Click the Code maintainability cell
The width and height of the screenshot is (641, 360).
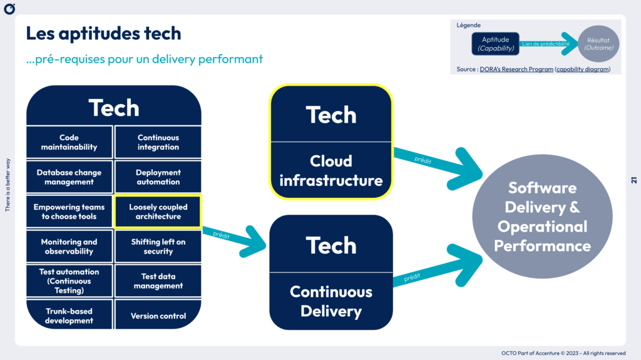[x=69, y=142]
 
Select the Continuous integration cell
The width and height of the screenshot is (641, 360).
[x=158, y=142]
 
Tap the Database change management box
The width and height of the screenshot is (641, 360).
[x=69, y=177]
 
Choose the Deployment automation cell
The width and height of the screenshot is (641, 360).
[x=158, y=177]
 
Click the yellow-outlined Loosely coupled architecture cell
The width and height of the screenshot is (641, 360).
[x=158, y=212]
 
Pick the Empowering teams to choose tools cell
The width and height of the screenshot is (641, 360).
[x=69, y=212]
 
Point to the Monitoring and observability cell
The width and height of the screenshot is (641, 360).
[x=69, y=247]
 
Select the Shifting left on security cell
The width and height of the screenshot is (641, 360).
[x=158, y=247]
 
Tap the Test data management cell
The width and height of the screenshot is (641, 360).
[x=158, y=281]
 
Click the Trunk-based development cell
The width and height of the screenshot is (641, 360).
[x=69, y=316]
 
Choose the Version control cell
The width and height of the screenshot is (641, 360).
[x=158, y=316]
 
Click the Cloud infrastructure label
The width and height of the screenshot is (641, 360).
[x=331, y=171]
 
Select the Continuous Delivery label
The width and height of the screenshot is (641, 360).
[x=331, y=301]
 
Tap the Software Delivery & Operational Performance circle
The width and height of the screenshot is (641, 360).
[x=542, y=217]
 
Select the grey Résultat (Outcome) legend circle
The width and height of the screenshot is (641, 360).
[x=598, y=44]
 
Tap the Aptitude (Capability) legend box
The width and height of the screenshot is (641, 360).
[x=495, y=44]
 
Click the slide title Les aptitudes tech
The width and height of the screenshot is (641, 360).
[x=103, y=33]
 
